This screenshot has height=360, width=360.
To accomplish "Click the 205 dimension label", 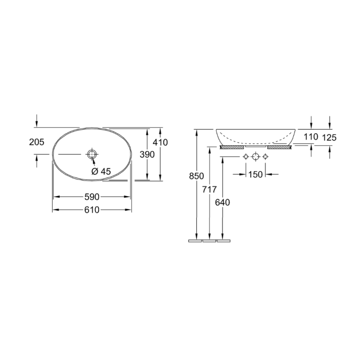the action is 36,142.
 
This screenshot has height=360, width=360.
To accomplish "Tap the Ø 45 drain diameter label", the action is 101,171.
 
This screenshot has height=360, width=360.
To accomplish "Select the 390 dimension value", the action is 147,154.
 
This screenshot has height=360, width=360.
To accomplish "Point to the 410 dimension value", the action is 160,143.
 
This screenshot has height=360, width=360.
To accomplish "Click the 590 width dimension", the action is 92,197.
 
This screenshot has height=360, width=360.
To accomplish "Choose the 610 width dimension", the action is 92,210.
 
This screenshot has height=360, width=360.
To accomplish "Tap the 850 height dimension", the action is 196,176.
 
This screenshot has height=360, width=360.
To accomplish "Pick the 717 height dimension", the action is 209,189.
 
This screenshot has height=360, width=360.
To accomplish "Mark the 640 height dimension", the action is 222,202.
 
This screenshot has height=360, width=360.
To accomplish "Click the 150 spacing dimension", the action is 255,175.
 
